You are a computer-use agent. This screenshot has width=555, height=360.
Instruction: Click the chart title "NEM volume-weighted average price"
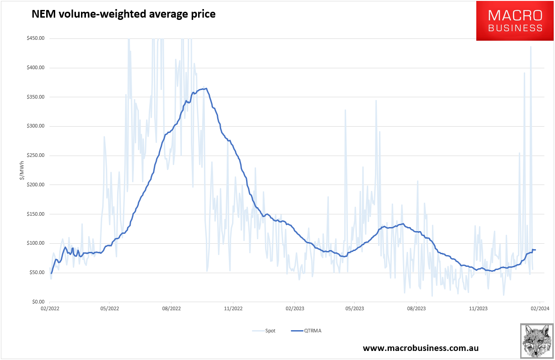coord(123,14)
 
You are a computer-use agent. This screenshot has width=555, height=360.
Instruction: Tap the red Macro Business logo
coord(515,21)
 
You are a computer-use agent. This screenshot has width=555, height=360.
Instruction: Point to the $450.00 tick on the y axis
coord(35,38)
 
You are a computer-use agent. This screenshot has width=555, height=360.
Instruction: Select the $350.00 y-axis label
coord(35,97)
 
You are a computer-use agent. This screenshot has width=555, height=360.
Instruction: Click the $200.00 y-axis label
coord(35,185)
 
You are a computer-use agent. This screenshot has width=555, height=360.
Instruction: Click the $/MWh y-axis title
coord(22,170)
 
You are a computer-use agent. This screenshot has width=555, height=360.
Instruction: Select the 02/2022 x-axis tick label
coord(49,309)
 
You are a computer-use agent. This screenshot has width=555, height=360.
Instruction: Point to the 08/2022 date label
coord(171,309)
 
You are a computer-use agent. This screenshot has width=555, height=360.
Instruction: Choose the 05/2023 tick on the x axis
coord(355,309)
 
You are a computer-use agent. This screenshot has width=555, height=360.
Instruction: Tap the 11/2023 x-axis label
coord(478,309)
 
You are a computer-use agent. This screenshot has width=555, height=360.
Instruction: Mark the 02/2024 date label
coord(539,309)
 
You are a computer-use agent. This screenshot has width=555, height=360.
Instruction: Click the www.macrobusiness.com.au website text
coord(421,348)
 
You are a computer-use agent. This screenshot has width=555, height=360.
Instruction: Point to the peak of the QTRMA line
coord(206,88)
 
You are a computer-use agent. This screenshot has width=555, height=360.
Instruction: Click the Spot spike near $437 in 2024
coord(531,47)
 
